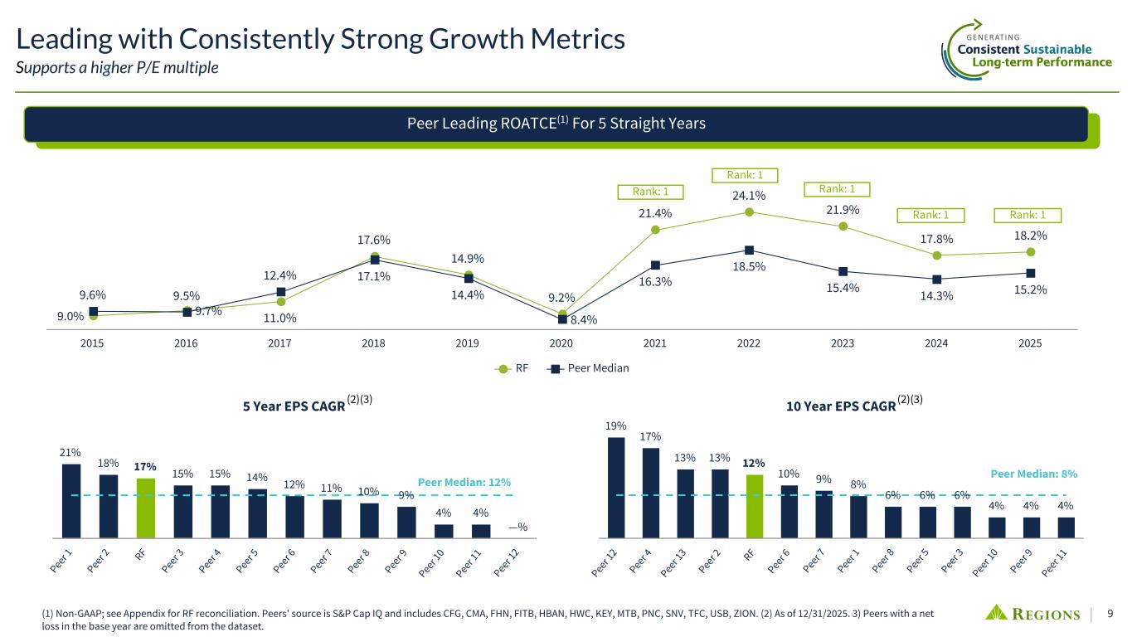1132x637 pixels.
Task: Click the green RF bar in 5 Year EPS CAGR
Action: (146, 508)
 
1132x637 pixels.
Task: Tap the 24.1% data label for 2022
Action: (748, 196)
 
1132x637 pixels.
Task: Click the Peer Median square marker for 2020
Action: (562, 318)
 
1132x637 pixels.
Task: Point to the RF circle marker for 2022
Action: (749, 212)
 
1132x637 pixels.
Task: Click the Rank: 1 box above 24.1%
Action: (744, 175)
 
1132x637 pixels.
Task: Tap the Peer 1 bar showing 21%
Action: (71, 500)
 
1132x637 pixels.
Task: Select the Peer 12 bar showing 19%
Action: (616, 488)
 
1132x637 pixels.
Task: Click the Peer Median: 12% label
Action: (464, 482)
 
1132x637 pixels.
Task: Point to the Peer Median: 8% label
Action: (1033, 474)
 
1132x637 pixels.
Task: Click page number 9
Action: (1110, 615)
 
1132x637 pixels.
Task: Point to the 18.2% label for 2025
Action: (1030, 235)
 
